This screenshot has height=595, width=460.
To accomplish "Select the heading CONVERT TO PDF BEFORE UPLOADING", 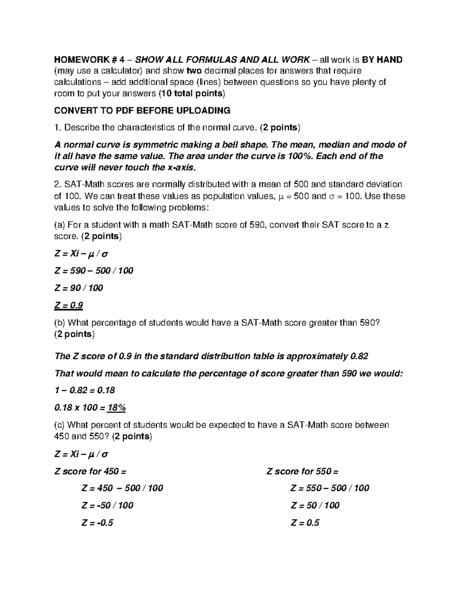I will pos(142,111).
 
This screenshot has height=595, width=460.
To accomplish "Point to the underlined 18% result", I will pos(117,408).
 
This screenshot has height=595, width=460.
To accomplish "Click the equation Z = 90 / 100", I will pos(79,288).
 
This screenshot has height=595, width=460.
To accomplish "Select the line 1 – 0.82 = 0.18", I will pos(85,390).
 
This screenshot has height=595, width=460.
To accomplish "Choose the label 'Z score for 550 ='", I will pos(302,471).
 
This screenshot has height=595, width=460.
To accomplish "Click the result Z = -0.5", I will pos(97,523).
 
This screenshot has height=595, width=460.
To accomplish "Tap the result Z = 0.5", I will pos(305,523).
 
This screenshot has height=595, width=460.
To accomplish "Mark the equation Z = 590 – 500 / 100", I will pos(94,270).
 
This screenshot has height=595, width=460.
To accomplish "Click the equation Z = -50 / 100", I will pos(107,505).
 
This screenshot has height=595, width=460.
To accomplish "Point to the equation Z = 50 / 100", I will pos(315,505).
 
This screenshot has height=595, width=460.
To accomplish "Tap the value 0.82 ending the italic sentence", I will pos(359,356).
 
